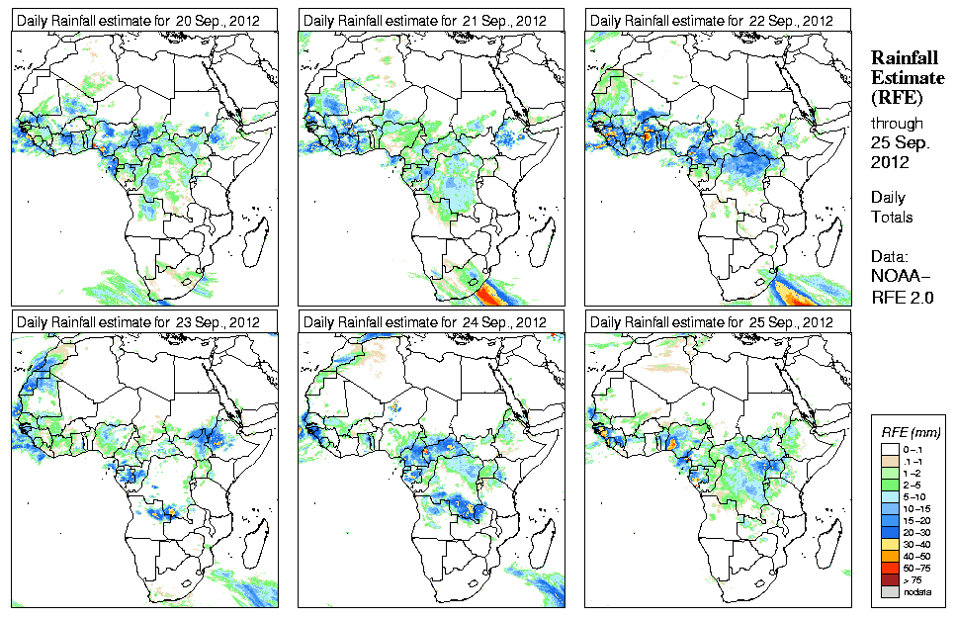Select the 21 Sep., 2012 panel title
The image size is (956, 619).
click(425, 21)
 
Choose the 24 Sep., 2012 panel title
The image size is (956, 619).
click(425, 322)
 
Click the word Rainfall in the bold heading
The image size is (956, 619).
click(904, 59)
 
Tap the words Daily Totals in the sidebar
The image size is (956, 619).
click(892, 207)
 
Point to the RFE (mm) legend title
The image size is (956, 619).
click(911, 432)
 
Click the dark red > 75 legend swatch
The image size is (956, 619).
click(890, 579)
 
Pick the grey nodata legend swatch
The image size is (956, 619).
click(890, 591)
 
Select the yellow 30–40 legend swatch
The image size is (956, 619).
click(890, 543)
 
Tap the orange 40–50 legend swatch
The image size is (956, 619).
click(890, 555)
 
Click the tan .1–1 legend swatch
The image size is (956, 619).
click(890, 460)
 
